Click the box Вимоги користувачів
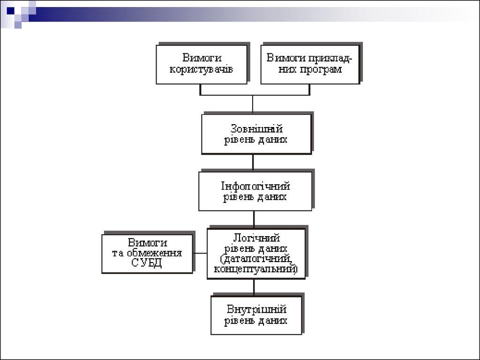pos(202,64)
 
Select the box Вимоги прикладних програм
pos(310,64)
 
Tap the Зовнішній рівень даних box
pos(256,134)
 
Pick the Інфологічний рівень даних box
pos(255,191)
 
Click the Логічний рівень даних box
pos(256,254)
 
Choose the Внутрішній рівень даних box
pos(256,315)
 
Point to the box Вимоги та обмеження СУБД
pos(147,254)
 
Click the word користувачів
pos(202,69)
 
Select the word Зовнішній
pos(256,128)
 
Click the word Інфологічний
pos(255,186)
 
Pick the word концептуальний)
pos(256,270)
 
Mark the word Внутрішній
pos(256,309)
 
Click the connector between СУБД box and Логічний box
pos(200,254)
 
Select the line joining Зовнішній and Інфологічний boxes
pos(253,163)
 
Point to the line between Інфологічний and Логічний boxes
pos(254,219)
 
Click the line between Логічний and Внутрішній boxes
pos(254,287)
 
